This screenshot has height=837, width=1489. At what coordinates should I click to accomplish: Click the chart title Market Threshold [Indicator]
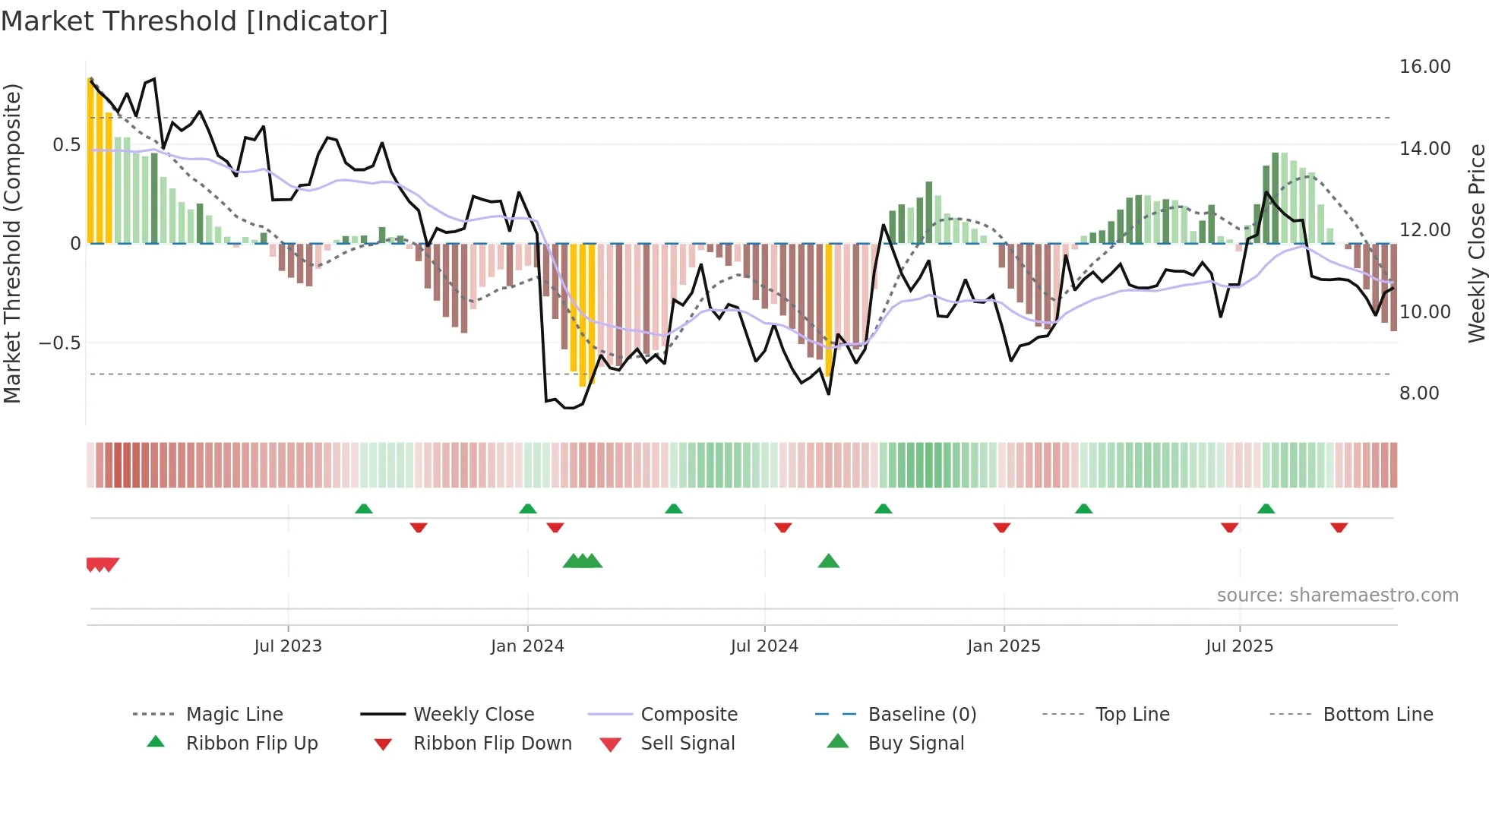click(x=194, y=21)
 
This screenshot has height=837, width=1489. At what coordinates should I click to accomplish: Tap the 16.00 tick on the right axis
click(x=1424, y=67)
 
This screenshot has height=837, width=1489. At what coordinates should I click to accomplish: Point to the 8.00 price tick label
click(x=1418, y=393)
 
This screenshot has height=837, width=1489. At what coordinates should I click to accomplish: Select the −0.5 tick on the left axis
click(x=59, y=343)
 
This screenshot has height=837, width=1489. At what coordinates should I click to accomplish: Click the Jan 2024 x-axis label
click(x=527, y=646)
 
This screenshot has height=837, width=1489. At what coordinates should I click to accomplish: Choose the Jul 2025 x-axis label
click(x=1239, y=646)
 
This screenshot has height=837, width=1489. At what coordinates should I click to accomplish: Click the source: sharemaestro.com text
click(x=1337, y=595)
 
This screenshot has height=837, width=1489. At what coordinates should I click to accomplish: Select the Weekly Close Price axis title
click(x=1476, y=243)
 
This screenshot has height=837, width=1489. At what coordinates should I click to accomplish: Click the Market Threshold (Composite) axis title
click(x=12, y=243)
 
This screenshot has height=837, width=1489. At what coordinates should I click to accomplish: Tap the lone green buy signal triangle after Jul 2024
click(x=828, y=562)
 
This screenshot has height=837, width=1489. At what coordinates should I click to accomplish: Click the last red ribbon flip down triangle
click(x=1339, y=527)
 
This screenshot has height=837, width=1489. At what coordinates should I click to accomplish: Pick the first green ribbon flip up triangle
click(x=364, y=509)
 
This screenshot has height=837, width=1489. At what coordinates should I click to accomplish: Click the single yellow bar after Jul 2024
click(x=829, y=308)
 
